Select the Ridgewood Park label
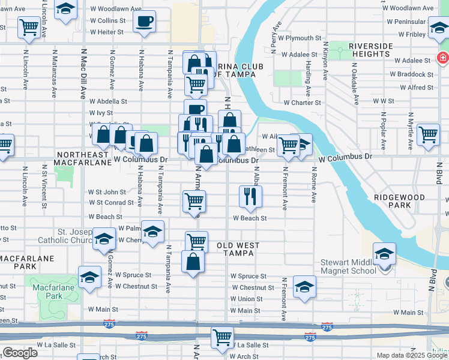tap(399, 201)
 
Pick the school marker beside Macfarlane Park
tap(89, 277)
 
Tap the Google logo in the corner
tap(20, 353)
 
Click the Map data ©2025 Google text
tap(411, 355)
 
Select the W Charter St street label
tap(303, 103)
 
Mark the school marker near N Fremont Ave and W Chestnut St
tap(305, 287)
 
